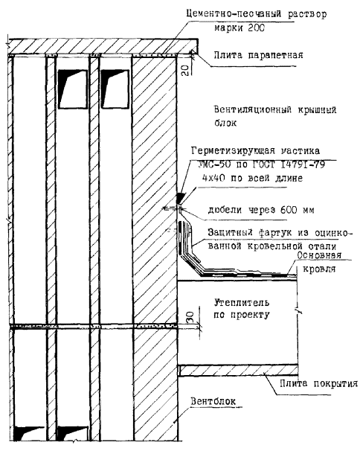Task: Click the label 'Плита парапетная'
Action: pyautogui.click(x=258, y=55)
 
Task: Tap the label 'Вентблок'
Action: pyautogui.click(x=213, y=401)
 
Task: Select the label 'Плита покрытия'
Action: pyautogui.click(x=319, y=384)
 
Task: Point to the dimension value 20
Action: pyautogui.click(x=185, y=70)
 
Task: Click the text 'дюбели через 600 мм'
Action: pyautogui.click(x=261, y=211)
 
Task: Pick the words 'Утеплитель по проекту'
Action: pyautogui.click(x=242, y=309)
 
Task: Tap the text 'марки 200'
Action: pyautogui.click(x=240, y=28)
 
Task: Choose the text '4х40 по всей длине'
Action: pyautogui.click(x=252, y=178)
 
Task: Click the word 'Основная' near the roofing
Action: pyautogui.click(x=319, y=255)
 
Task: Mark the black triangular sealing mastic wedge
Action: pyautogui.click(x=180, y=197)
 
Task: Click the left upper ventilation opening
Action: pyautogui.click(x=72, y=89)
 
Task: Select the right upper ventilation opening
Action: pyautogui.click(x=115, y=89)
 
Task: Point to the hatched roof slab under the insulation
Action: pyautogui.click(x=238, y=370)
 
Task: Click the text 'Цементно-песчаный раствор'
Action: pyautogui.click(x=257, y=14)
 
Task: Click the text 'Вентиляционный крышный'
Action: pyautogui.click(x=275, y=110)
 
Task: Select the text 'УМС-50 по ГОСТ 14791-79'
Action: pyautogui.click(x=262, y=164)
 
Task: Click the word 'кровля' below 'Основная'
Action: pyautogui.click(x=319, y=269)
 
